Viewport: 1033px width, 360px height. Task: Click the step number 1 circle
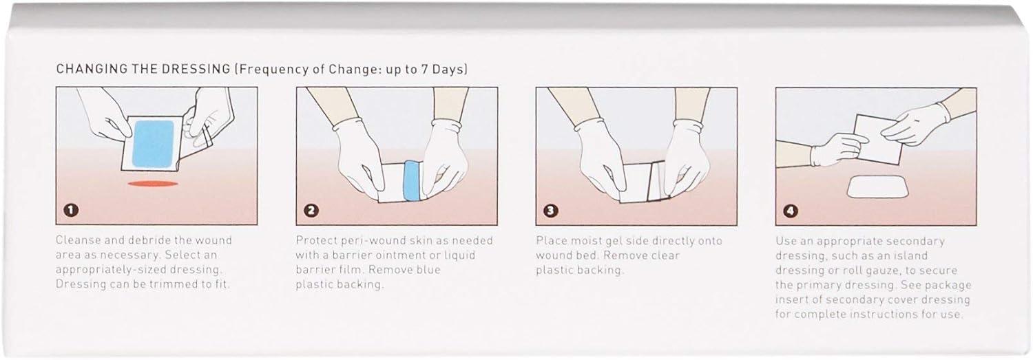pyautogui.click(x=71, y=210)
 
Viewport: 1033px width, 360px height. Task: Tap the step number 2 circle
pyautogui.click(x=311, y=210)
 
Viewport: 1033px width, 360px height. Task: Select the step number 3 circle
pyautogui.click(x=551, y=211)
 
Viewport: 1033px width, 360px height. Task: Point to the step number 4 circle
pyautogui.click(x=791, y=211)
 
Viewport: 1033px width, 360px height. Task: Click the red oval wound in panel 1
pyautogui.click(x=153, y=184)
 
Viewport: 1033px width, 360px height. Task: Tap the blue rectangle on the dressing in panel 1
pyautogui.click(x=153, y=143)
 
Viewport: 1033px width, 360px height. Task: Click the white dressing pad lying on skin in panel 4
pyautogui.click(x=878, y=187)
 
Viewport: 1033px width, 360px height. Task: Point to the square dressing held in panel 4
pyautogui.click(x=879, y=139)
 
